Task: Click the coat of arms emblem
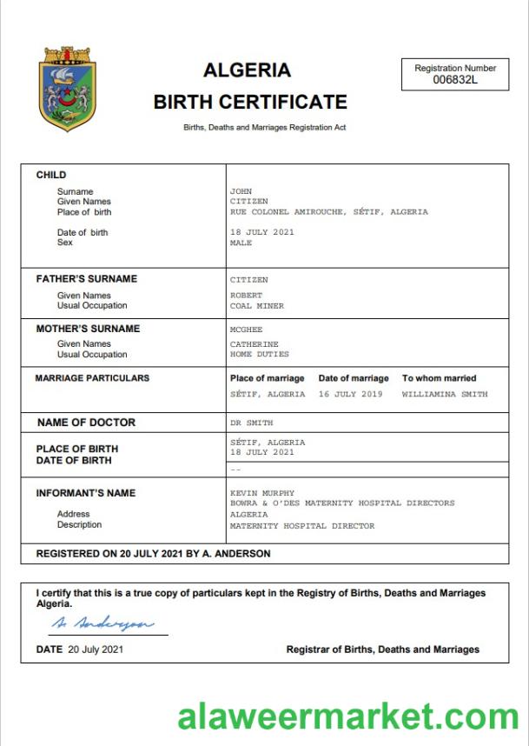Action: coord(69,90)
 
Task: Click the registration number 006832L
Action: coord(455,80)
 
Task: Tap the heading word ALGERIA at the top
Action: coord(247,70)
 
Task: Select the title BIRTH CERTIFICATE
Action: coord(250,102)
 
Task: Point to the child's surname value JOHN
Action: coord(240,191)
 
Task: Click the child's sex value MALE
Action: coord(241,243)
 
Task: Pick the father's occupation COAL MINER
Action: coord(256,306)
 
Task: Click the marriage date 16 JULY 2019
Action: coord(350,394)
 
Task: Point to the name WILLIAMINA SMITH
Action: coord(445,394)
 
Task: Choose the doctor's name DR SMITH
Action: coord(251,423)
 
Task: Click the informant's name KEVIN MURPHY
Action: coord(261,493)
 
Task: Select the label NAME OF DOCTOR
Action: coord(86,423)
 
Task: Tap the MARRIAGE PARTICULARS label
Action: coord(92,378)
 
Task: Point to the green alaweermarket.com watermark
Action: coord(348,717)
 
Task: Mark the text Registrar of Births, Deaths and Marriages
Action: coord(382,649)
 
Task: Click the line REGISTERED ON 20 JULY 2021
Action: coord(153,554)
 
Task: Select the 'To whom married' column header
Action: coord(439,378)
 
